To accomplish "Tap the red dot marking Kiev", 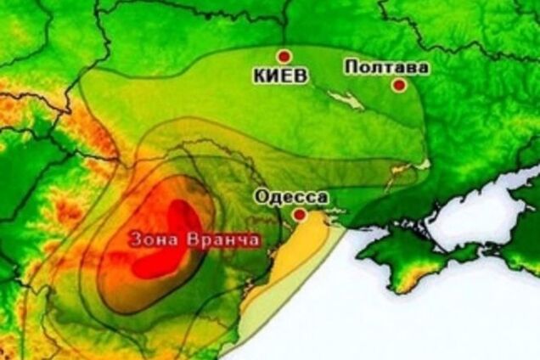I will point(288,52).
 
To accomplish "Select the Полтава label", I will point(374,65).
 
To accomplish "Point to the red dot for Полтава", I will point(397,84).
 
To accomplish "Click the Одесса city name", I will point(291,197).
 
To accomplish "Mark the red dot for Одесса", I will point(299,217).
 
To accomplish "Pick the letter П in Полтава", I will point(348,65).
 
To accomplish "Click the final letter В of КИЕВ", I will point(300,76).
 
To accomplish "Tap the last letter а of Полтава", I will point(401,65).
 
